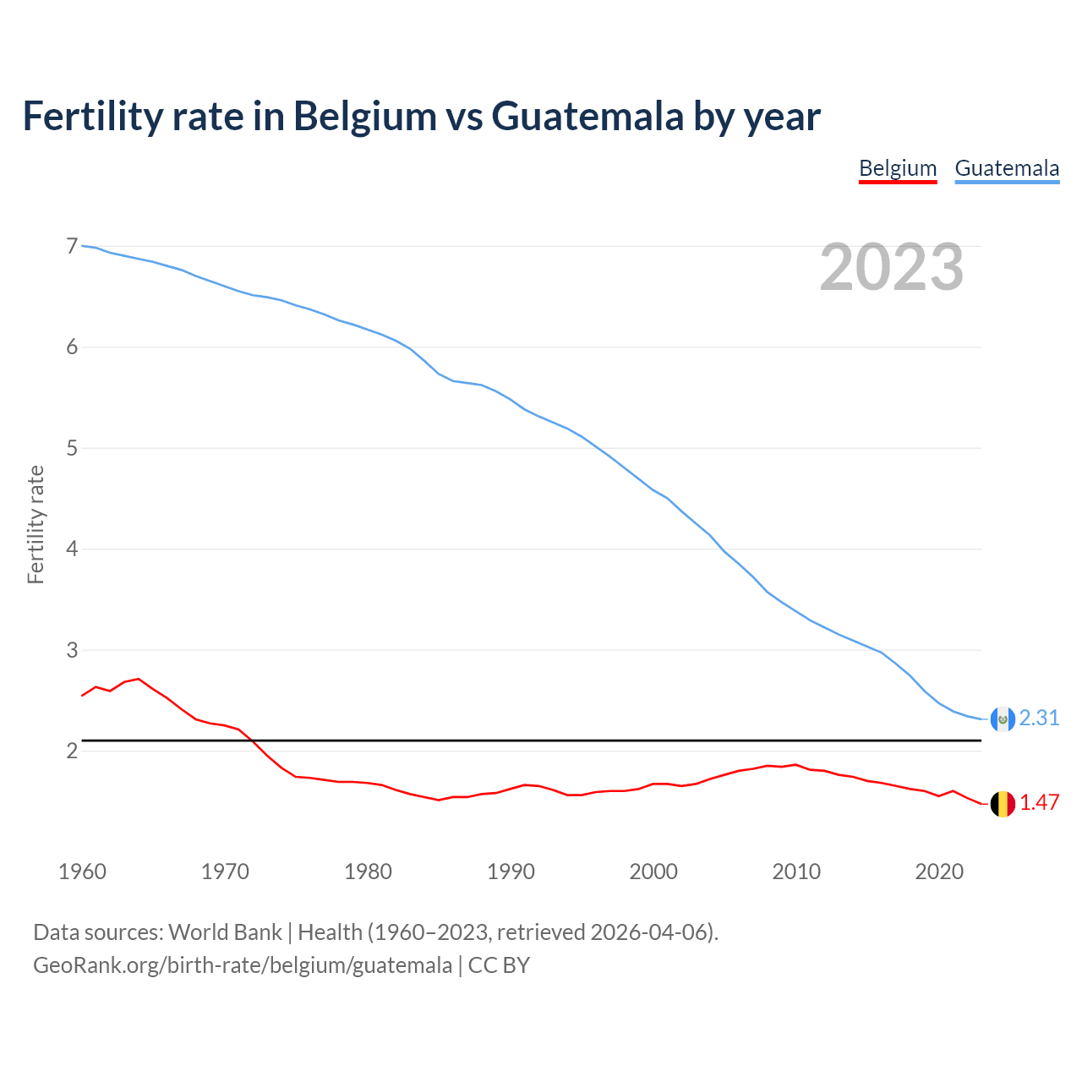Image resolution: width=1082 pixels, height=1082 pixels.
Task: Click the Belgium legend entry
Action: coord(898,168)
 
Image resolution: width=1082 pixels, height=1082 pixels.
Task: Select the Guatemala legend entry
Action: coord(1007,168)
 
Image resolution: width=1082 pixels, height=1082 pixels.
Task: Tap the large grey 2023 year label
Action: coord(892,267)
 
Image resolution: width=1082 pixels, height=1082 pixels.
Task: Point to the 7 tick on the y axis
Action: coord(72,246)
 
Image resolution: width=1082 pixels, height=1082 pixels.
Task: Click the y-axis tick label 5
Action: coord(72,448)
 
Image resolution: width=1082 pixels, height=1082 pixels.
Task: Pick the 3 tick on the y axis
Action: coord(72,650)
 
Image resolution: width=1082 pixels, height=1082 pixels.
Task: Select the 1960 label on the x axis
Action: coord(82,872)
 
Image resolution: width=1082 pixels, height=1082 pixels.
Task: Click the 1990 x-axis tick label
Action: coord(511,872)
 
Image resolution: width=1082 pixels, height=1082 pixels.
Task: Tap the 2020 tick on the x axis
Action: coord(939,872)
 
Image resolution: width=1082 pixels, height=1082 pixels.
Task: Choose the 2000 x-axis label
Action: coord(653,872)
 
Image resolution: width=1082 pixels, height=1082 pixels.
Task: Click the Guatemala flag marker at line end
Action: coord(1003,719)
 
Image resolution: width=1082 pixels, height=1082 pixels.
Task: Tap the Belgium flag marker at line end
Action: coord(1003,804)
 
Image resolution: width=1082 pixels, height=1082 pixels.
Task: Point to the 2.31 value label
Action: coord(1039,718)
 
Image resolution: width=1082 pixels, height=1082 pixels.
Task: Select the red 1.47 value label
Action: coord(1039,802)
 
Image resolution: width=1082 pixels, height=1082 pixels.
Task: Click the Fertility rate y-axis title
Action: coord(36,524)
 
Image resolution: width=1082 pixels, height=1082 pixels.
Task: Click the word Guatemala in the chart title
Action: coord(587,116)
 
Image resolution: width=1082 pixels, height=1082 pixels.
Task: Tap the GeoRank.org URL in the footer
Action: coord(243,965)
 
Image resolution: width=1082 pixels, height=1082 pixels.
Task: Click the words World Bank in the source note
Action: coord(225,932)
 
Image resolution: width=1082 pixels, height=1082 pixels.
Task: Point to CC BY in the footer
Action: coord(499,965)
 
